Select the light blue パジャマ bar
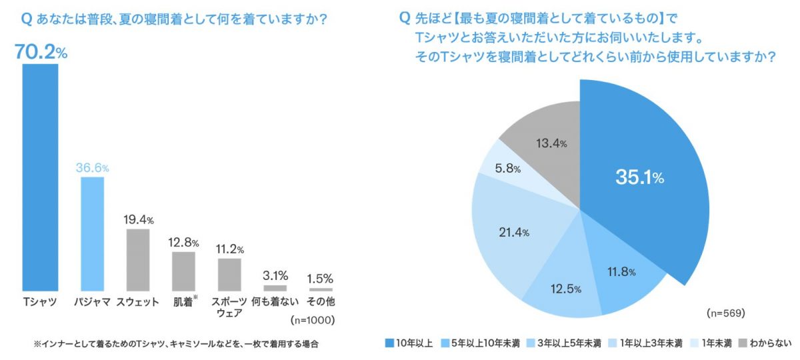(x=92, y=233)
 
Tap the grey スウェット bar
(x=138, y=259)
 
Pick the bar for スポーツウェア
(x=229, y=274)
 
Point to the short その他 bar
(x=321, y=289)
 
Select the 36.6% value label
(x=92, y=168)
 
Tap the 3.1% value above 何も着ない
(x=275, y=275)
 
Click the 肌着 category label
(x=182, y=302)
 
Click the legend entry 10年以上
(x=409, y=343)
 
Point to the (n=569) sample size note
(x=725, y=312)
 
